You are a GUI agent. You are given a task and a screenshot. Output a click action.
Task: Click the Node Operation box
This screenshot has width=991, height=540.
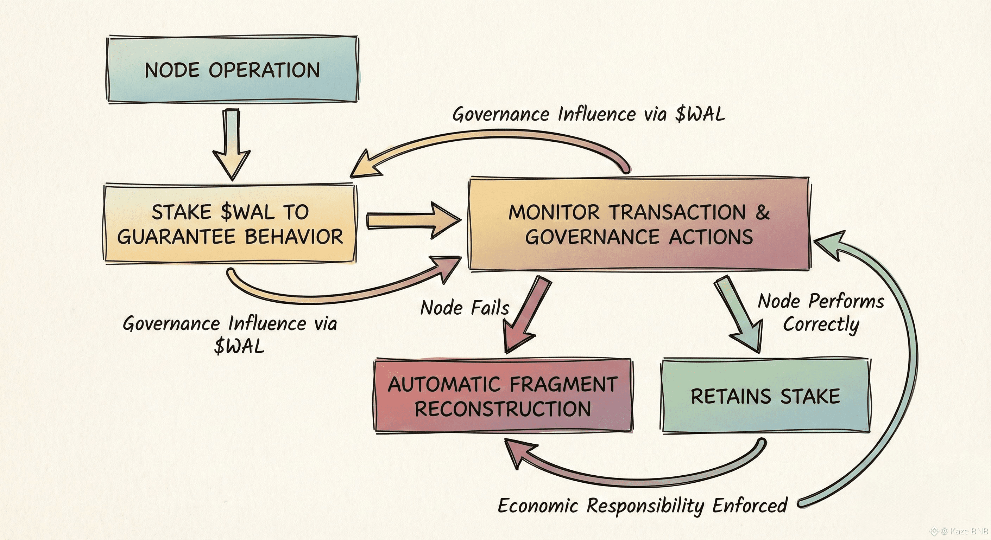click(232, 69)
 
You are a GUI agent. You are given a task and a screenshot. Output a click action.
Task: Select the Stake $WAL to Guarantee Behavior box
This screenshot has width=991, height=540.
click(230, 224)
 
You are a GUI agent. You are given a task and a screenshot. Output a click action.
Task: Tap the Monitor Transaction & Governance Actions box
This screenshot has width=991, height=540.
click(639, 224)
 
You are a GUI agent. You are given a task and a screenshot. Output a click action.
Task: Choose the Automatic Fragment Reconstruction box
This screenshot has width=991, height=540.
click(503, 396)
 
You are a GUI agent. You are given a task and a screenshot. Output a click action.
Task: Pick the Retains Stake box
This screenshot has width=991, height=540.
click(765, 396)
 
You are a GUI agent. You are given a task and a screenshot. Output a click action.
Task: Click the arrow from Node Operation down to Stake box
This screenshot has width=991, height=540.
click(232, 144)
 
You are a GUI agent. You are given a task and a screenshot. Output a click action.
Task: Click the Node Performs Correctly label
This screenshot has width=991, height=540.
click(821, 313)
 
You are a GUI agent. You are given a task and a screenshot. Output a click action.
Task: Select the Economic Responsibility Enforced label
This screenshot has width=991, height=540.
click(643, 506)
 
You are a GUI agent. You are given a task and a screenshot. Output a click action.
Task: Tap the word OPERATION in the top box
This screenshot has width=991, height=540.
click(264, 70)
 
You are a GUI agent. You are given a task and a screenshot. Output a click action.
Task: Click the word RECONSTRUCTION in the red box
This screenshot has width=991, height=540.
click(503, 409)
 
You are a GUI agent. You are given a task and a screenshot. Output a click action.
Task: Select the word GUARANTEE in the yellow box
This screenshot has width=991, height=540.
click(176, 237)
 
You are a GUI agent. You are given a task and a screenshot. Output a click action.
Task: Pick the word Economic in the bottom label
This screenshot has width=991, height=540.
click(538, 506)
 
